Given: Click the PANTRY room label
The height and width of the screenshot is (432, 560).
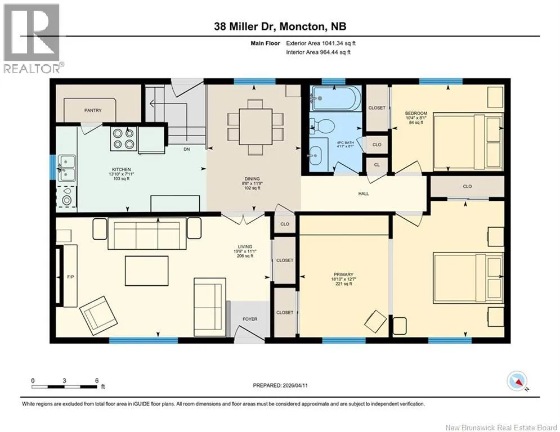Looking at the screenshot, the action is [93, 110].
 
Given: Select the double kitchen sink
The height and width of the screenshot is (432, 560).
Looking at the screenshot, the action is [66, 168].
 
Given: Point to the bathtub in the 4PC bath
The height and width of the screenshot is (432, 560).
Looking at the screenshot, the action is [332, 98].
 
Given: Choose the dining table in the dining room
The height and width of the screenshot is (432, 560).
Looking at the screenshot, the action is [256, 126].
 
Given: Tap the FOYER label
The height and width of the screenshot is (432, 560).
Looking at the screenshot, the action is [250, 319].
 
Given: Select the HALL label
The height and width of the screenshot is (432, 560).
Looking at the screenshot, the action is [364, 193].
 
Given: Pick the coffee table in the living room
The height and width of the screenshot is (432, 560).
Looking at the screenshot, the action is [146, 271].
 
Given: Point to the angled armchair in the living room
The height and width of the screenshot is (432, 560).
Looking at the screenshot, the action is [98, 315].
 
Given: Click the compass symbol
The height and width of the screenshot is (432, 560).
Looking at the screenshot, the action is [517, 381].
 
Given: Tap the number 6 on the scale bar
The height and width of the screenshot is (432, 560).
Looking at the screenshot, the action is [97, 381].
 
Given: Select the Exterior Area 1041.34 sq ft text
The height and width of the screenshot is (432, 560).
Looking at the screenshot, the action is [321, 43].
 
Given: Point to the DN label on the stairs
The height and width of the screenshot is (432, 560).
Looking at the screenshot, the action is [186, 149].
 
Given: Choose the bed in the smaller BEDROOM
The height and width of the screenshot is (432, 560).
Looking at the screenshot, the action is [468, 141].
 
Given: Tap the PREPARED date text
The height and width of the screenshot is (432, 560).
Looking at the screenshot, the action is [280, 385].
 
